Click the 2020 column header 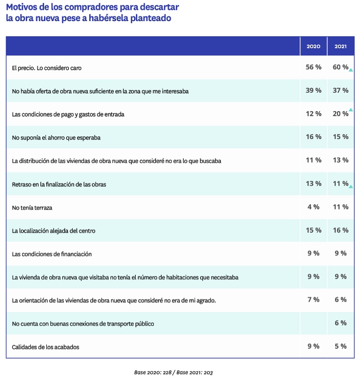pyautogui.click(x=313, y=46)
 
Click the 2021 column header pyautogui.click(x=340, y=46)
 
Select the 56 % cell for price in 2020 pyautogui.click(x=314, y=67)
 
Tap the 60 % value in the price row pyautogui.click(x=340, y=67)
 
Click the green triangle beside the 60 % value pyautogui.click(x=351, y=70)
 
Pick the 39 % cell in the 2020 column pyautogui.click(x=314, y=90)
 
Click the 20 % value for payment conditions pyautogui.click(x=340, y=113)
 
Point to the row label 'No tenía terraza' pyautogui.click(x=32, y=208)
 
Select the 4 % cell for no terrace pyautogui.click(x=314, y=207)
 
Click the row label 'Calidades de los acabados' pyautogui.click(x=45, y=347)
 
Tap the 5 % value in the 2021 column pyautogui.click(x=341, y=346)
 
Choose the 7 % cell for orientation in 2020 pyautogui.click(x=314, y=300)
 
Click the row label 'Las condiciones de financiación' pyautogui.click(x=52, y=254)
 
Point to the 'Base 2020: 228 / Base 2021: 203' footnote pyautogui.click(x=173, y=372)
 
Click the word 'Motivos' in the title pyautogui.click(x=22, y=7)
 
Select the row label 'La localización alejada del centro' pyautogui.click(x=54, y=231)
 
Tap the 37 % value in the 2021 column pyautogui.click(x=340, y=90)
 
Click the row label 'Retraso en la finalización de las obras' pyautogui.click(x=59, y=185)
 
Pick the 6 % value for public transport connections pyautogui.click(x=341, y=323)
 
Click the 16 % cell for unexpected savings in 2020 pyautogui.click(x=314, y=137)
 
